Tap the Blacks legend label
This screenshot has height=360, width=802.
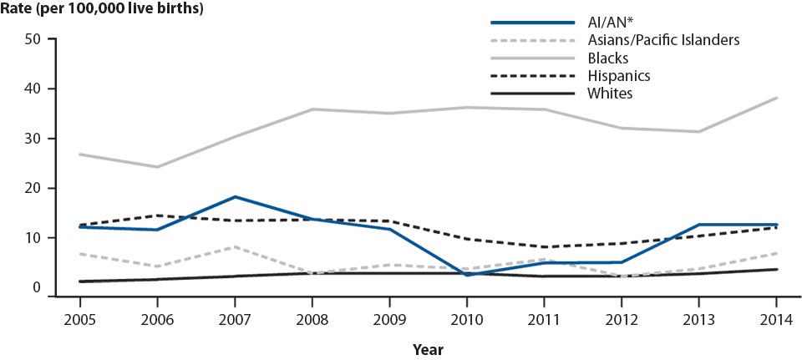coord(607,58)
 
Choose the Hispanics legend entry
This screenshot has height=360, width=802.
coord(618,75)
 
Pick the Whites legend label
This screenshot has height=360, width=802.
coord(610,93)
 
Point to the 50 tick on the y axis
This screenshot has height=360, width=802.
coord(33,39)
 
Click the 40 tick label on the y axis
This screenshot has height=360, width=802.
coord(33,89)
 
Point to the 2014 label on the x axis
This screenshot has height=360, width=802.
coord(776,319)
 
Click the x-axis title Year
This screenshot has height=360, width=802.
coord(427,349)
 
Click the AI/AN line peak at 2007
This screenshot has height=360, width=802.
coord(236,197)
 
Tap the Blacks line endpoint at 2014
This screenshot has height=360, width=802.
coord(776,99)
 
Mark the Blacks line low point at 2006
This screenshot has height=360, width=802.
coord(156,167)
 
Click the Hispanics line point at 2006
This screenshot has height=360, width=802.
coord(156,215)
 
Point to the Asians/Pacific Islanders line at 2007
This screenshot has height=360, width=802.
coord(236,247)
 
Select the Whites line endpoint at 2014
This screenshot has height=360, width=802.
coord(776,269)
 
